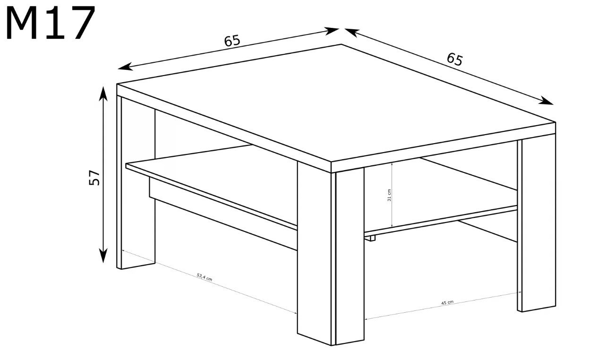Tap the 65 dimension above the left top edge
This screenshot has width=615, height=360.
[232, 41]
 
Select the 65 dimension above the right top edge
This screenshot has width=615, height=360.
[454, 60]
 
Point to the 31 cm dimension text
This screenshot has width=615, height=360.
[389, 195]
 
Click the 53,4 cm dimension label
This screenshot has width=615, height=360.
[205, 277]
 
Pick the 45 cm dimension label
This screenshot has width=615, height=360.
[447, 303]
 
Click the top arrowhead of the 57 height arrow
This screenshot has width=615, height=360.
[103, 94]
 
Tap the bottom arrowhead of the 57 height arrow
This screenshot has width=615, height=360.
[103, 256]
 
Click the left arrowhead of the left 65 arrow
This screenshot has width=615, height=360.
[125, 67]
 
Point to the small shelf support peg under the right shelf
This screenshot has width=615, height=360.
[372, 239]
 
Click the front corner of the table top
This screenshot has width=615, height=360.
[331, 162]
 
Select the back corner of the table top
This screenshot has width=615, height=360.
[342, 44]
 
